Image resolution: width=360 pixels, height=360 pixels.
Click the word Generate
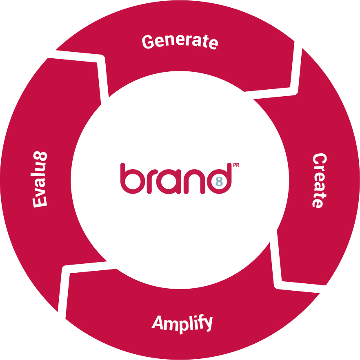click(180, 42)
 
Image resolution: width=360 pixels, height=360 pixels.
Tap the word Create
click(320, 181)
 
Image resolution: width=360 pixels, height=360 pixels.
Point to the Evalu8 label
click(40, 179)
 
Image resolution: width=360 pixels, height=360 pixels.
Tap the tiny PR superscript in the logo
click(236, 165)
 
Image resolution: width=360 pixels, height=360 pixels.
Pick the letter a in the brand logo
click(169, 181)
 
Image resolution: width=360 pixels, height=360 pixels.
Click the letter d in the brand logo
click(219, 178)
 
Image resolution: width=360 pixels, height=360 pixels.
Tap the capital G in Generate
click(148, 42)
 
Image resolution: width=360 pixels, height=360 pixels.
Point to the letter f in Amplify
click(198, 322)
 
